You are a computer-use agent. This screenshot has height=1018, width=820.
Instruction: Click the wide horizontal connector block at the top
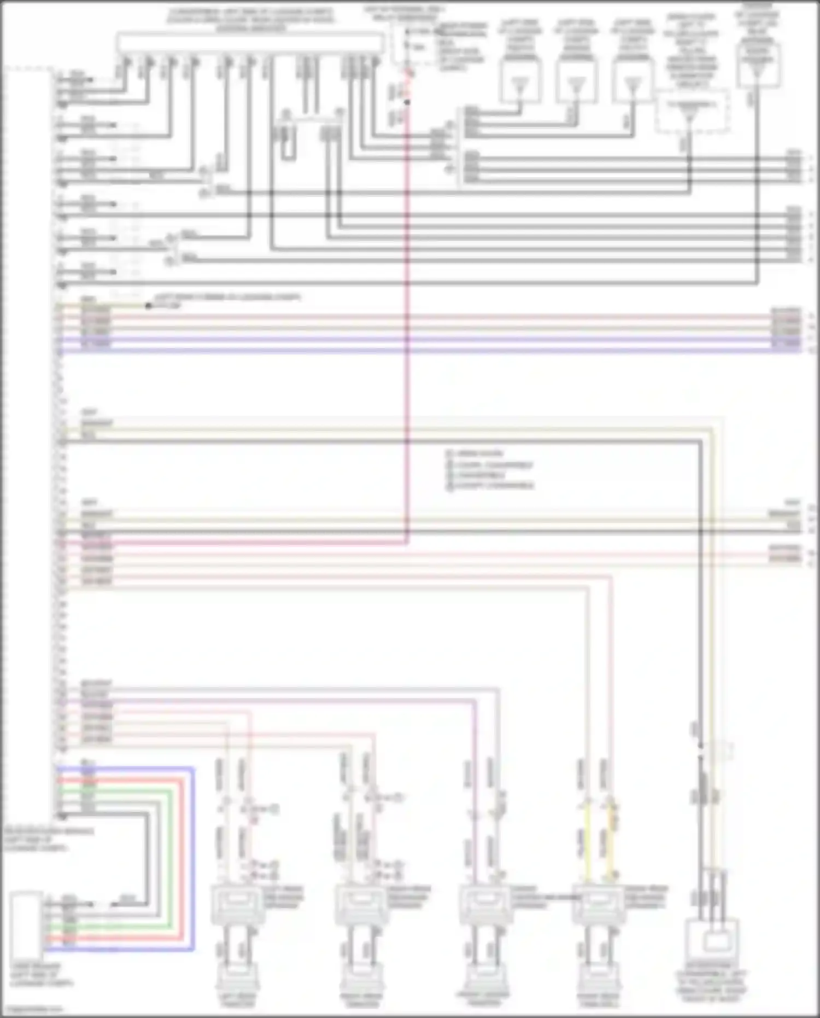click(250, 43)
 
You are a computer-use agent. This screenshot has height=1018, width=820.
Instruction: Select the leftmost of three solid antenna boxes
click(520, 82)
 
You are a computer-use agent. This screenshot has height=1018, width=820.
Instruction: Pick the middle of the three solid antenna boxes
click(576, 82)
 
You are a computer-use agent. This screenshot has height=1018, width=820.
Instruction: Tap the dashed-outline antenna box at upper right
click(692, 112)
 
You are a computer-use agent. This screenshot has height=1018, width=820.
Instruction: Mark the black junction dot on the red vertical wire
click(407, 102)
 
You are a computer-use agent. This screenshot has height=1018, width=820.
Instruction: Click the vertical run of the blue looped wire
click(193, 859)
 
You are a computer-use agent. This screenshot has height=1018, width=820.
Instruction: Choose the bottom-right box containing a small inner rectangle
click(711, 943)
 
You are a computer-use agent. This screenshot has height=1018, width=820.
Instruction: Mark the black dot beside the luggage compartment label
click(148, 306)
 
